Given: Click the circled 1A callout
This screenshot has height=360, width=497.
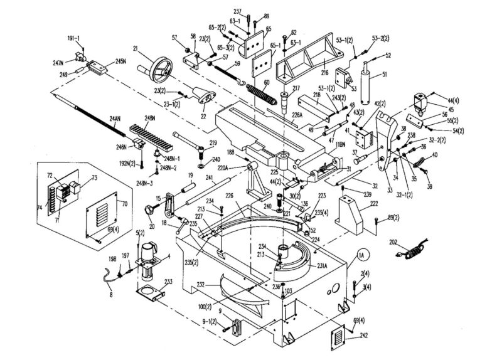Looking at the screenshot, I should (x=361, y=255).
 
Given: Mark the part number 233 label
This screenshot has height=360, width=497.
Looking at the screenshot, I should (x=169, y=282).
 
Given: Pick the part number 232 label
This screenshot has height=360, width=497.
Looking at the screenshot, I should (x=201, y=284).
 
